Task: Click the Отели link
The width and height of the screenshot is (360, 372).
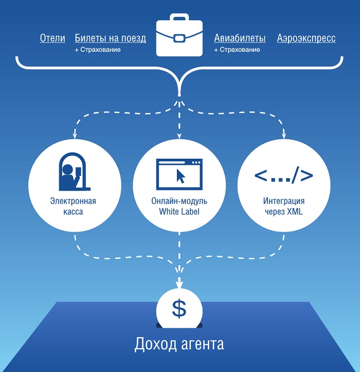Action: click(52, 38)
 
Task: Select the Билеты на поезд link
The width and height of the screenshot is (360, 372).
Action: click(110, 38)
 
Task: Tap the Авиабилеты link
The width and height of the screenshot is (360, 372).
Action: click(240, 38)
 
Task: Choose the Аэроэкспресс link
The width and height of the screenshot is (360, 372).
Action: click(306, 38)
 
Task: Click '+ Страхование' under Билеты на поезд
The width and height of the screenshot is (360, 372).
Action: click(97, 50)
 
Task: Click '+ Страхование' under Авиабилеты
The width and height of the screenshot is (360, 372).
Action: click(237, 50)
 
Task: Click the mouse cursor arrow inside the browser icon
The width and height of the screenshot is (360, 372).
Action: click(181, 176)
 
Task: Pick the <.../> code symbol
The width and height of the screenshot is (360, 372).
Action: click(283, 175)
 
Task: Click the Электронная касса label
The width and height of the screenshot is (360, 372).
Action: click(74, 206)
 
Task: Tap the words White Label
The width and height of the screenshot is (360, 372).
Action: click(179, 212)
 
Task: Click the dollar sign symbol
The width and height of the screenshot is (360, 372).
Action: click(179, 308)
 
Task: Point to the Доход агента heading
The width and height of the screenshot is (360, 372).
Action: click(179, 344)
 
